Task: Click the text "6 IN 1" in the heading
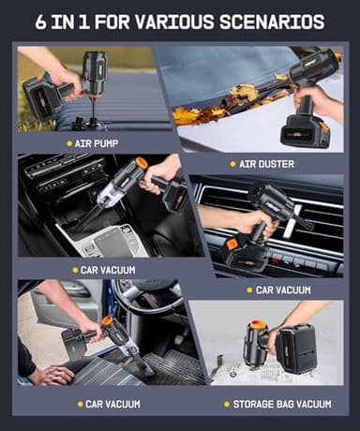[65, 22]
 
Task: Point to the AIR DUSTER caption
[267, 164]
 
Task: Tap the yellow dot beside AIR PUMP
[68, 143]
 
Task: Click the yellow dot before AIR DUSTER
[232, 164]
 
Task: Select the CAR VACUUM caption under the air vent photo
[282, 290]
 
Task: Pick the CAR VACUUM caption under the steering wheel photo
[112, 404]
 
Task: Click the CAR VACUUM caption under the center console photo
[107, 270]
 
